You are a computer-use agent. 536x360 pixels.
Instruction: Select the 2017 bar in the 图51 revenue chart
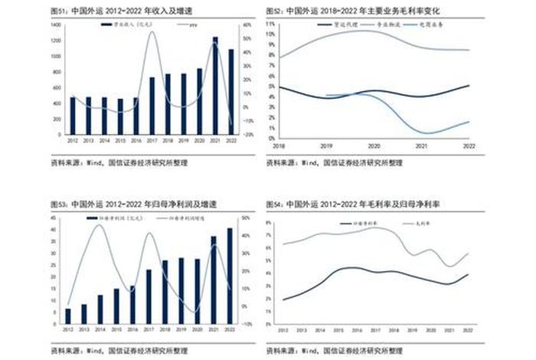[x=152, y=106]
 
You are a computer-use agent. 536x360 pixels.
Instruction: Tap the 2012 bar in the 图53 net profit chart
[x=68, y=316]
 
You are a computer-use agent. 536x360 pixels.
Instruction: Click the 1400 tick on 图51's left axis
[x=57, y=25]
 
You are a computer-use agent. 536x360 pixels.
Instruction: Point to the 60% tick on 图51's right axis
[x=247, y=25]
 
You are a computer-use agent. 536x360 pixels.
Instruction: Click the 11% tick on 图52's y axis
[x=271, y=25]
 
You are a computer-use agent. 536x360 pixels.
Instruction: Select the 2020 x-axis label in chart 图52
[x=374, y=145]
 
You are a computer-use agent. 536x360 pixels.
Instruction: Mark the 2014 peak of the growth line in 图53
[x=98, y=224]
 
